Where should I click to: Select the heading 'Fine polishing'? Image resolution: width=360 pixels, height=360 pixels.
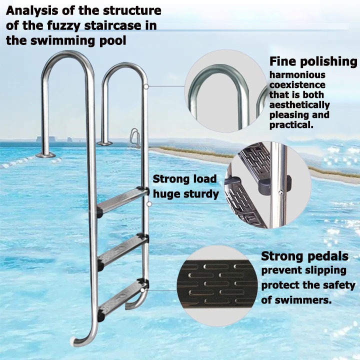point(313,62)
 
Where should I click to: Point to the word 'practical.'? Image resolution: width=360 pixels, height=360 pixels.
point(291,125)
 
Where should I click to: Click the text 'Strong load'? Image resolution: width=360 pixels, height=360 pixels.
point(184,179)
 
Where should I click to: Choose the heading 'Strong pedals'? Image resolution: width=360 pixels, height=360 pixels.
point(304,256)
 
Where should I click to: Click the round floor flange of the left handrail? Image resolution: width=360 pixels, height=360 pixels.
point(46,154)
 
